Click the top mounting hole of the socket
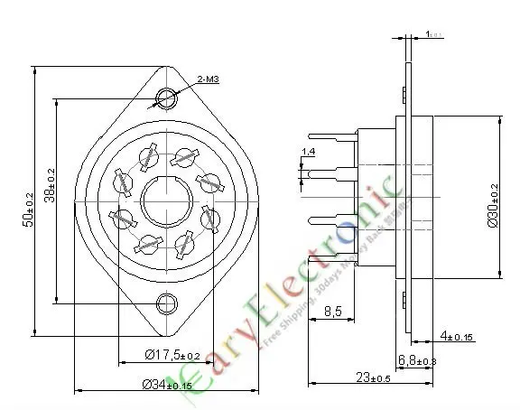tap(166, 98)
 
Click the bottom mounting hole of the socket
tap(166, 303)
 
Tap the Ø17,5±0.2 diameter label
tap(172, 355)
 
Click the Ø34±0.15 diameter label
tap(167, 386)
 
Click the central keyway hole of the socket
tap(165, 199)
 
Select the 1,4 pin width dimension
tap(309, 151)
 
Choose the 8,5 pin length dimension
tap(332, 312)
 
